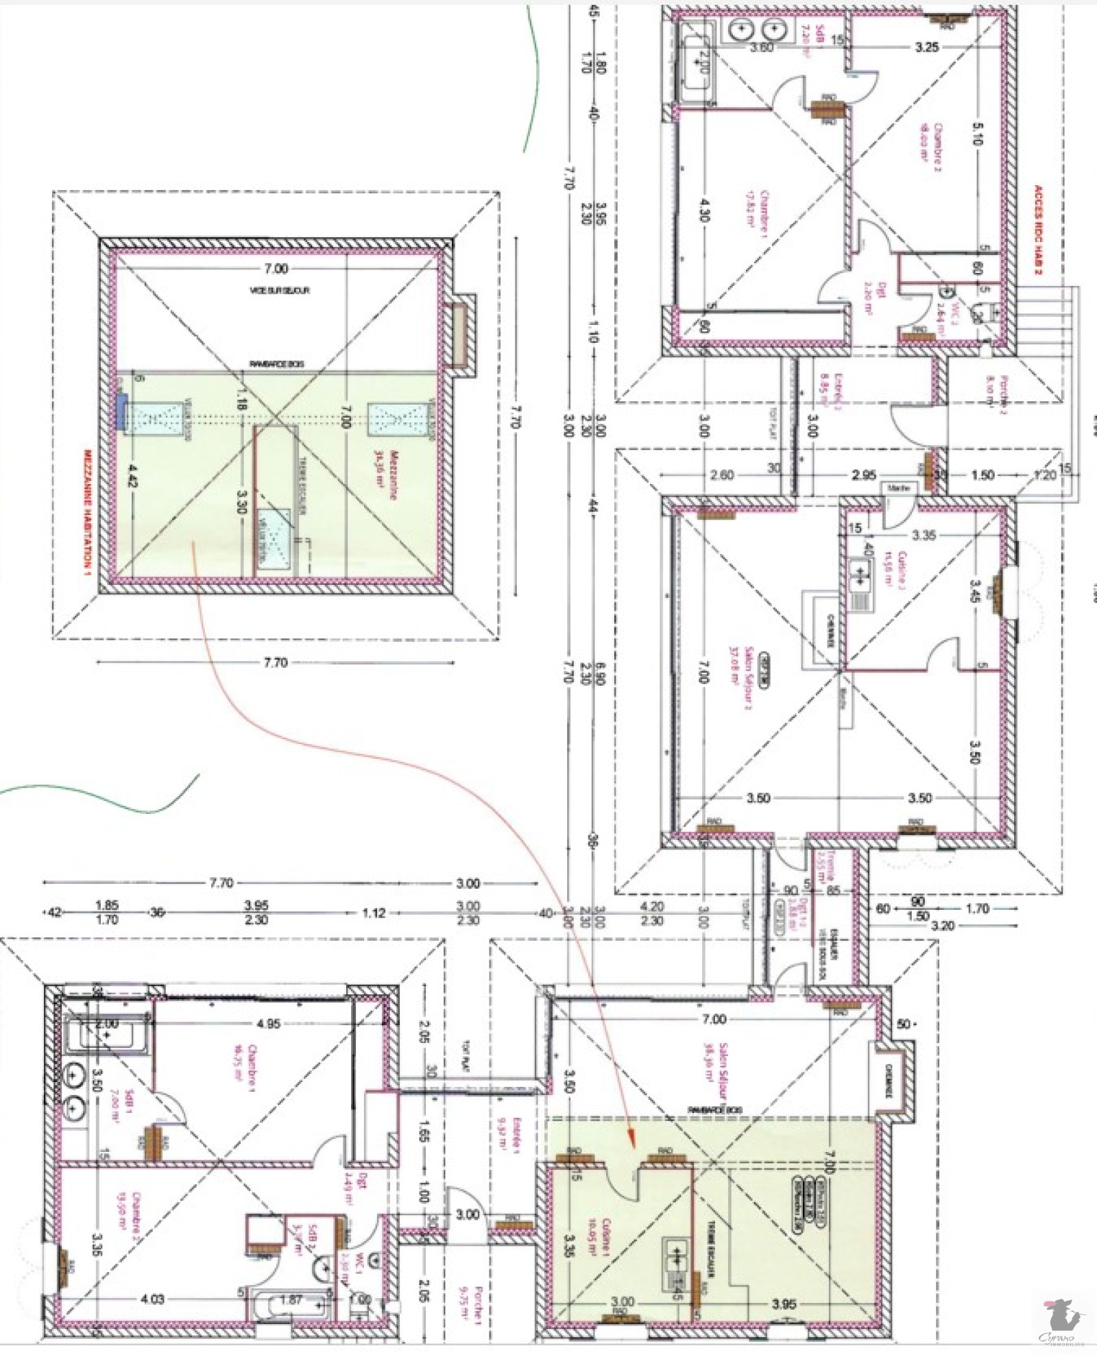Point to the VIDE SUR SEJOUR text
coord(279,291)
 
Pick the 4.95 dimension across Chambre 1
coord(268,1024)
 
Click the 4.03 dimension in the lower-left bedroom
coord(152,1299)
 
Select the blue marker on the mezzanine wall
coord(121,412)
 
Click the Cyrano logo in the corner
coord(1061,1321)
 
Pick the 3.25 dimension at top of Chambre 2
coord(927,47)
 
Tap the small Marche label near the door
coord(898,488)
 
